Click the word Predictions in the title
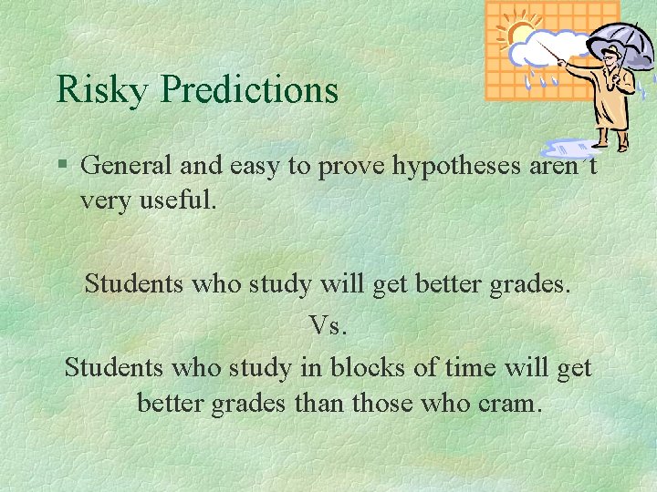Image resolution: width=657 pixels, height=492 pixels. tap(249, 89)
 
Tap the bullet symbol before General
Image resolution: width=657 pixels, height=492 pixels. tap(62, 166)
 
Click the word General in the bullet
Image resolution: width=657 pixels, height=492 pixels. tap(126, 165)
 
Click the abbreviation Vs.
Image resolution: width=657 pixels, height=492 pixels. tap(328, 325)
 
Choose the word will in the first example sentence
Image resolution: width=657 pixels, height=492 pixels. tap(339, 283)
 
